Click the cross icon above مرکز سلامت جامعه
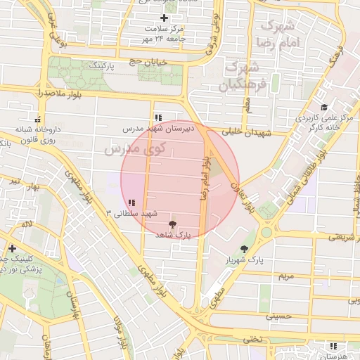click(165, 18)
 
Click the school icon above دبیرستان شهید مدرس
click(157, 117)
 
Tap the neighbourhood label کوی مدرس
click(134, 148)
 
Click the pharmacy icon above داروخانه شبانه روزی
click(37, 119)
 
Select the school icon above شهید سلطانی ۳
click(131, 202)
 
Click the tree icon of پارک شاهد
click(173, 224)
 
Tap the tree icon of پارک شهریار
click(245, 249)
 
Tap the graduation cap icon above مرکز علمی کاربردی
click(323, 107)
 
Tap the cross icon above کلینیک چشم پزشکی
click(12, 248)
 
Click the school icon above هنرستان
click(333, 347)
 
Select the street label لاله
click(27, 224)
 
